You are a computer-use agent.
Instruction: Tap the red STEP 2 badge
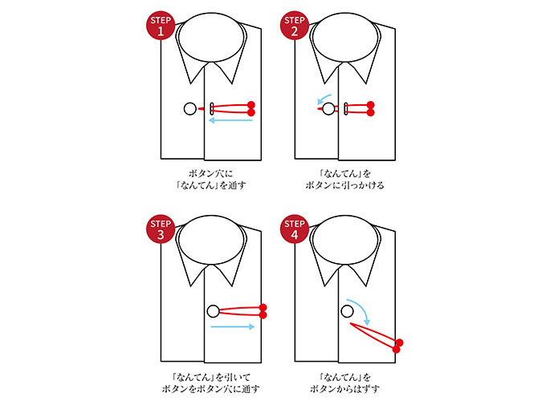[x=294, y=26]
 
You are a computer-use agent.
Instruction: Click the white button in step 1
[x=190, y=109]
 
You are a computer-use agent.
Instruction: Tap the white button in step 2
[x=328, y=109]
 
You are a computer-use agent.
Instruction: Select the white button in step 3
[x=213, y=311]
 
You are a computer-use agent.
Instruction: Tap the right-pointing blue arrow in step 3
[x=233, y=327]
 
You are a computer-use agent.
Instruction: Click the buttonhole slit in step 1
[x=212, y=109]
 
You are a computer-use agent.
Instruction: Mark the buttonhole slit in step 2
[x=346, y=109]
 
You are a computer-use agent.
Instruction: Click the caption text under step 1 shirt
[x=213, y=179]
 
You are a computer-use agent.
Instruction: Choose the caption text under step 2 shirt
[x=346, y=179]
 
